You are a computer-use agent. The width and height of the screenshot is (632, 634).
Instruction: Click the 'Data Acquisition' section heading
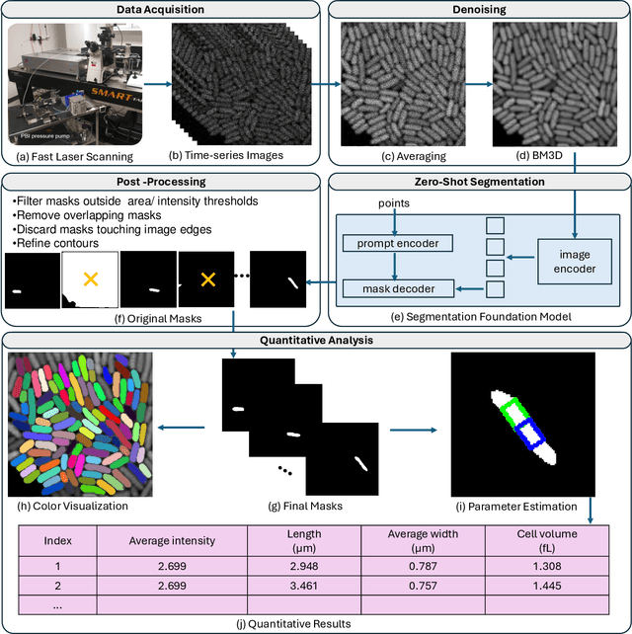pos(160,9)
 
